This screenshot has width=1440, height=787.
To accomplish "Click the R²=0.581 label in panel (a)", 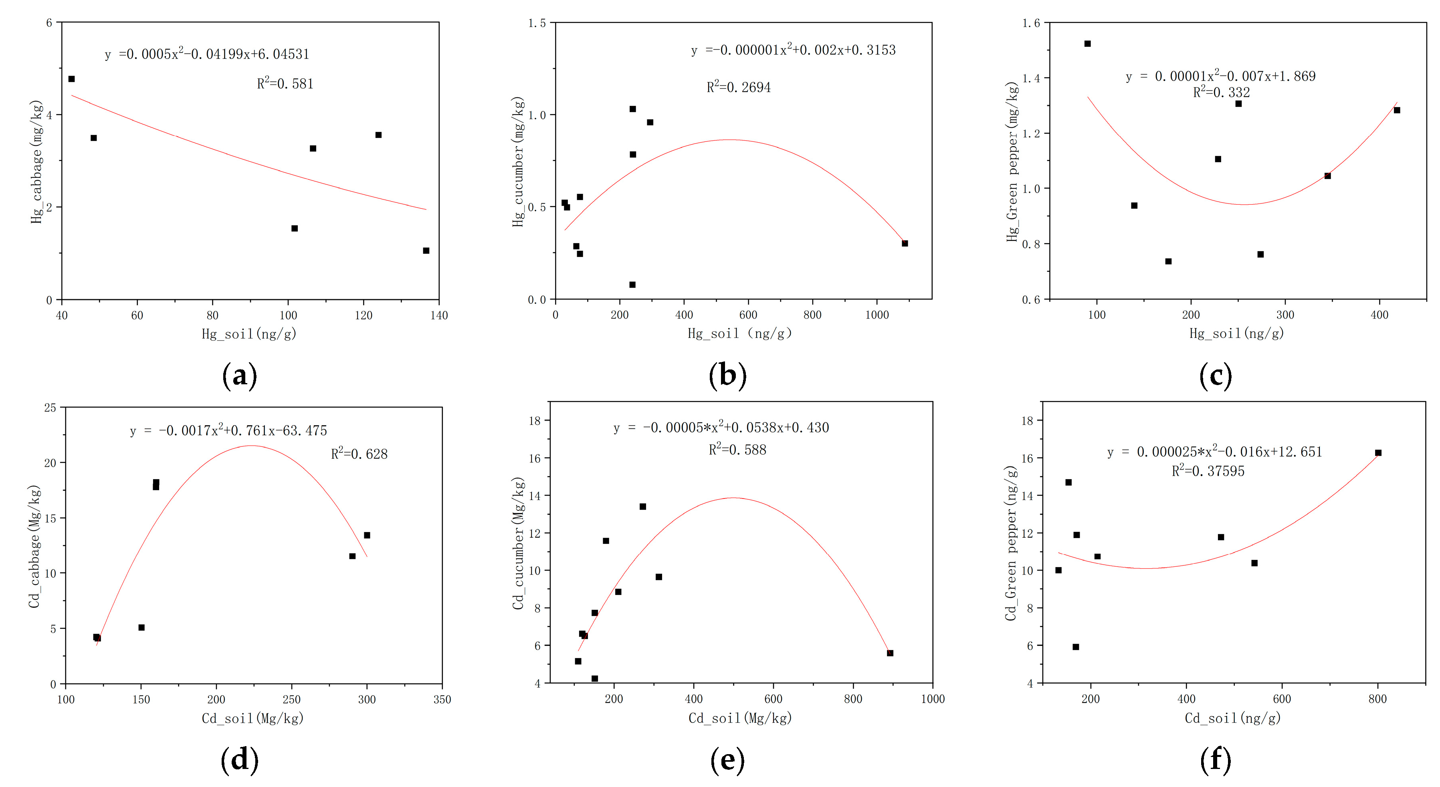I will click(x=285, y=84).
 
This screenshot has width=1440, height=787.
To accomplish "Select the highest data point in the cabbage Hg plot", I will click(x=72, y=79).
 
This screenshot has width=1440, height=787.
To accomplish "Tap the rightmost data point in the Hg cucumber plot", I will click(x=905, y=243).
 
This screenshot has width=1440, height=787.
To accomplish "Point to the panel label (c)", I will click(x=1215, y=375).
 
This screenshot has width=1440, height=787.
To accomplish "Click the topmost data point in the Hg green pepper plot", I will click(x=1087, y=44).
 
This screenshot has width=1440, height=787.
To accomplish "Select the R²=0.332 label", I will click(x=1221, y=92).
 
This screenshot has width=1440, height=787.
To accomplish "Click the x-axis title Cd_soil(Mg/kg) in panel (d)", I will click(x=252, y=718).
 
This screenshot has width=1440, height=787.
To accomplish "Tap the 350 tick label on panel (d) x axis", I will click(x=442, y=699).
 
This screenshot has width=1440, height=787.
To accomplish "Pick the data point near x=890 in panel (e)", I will click(x=890, y=653).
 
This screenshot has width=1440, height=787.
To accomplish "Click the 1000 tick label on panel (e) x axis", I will click(x=933, y=699).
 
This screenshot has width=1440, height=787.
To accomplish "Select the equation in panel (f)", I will click(x=1214, y=452).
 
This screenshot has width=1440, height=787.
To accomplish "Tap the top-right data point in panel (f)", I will click(x=1378, y=453).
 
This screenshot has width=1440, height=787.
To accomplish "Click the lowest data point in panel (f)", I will click(x=1076, y=647).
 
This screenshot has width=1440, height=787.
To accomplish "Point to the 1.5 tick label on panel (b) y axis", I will click(x=537, y=23).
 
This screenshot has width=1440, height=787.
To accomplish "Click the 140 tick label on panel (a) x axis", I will click(x=439, y=315).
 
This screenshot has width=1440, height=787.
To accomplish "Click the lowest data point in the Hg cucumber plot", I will click(x=632, y=285).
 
